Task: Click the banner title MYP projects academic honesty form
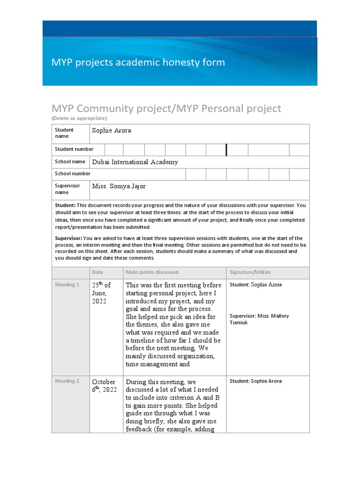pyautogui.click(x=138, y=62)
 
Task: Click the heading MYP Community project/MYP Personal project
pyautogui.click(x=166, y=109)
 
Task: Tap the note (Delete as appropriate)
pyautogui.click(x=79, y=118)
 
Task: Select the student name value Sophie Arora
pyautogui.click(x=112, y=130)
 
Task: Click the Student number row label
pyautogui.click(x=74, y=149)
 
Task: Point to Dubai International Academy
pyautogui.click(x=135, y=162)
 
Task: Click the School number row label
pyautogui.click(x=73, y=173)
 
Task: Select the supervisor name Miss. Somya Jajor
pyautogui.click(x=119, y=187)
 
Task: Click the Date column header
pyautogui.click(x=97, y=272)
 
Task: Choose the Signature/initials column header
pyautogui.click(x=250, y=272)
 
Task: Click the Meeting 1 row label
pyautogui.click(x=67, y=285)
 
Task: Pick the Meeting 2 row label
pyautogui.click(x=67, y=381)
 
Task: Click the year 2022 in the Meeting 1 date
pyautogui.click(x=99, y=301)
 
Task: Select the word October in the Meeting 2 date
pyautogui.click(x=104, y=382)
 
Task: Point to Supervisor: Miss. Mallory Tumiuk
pyautogui.click(x=259, y=319)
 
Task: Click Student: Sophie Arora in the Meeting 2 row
pyautogui.click(x=255, y=381)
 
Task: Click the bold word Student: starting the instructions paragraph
pyautogui.click(x=65, y=205)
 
